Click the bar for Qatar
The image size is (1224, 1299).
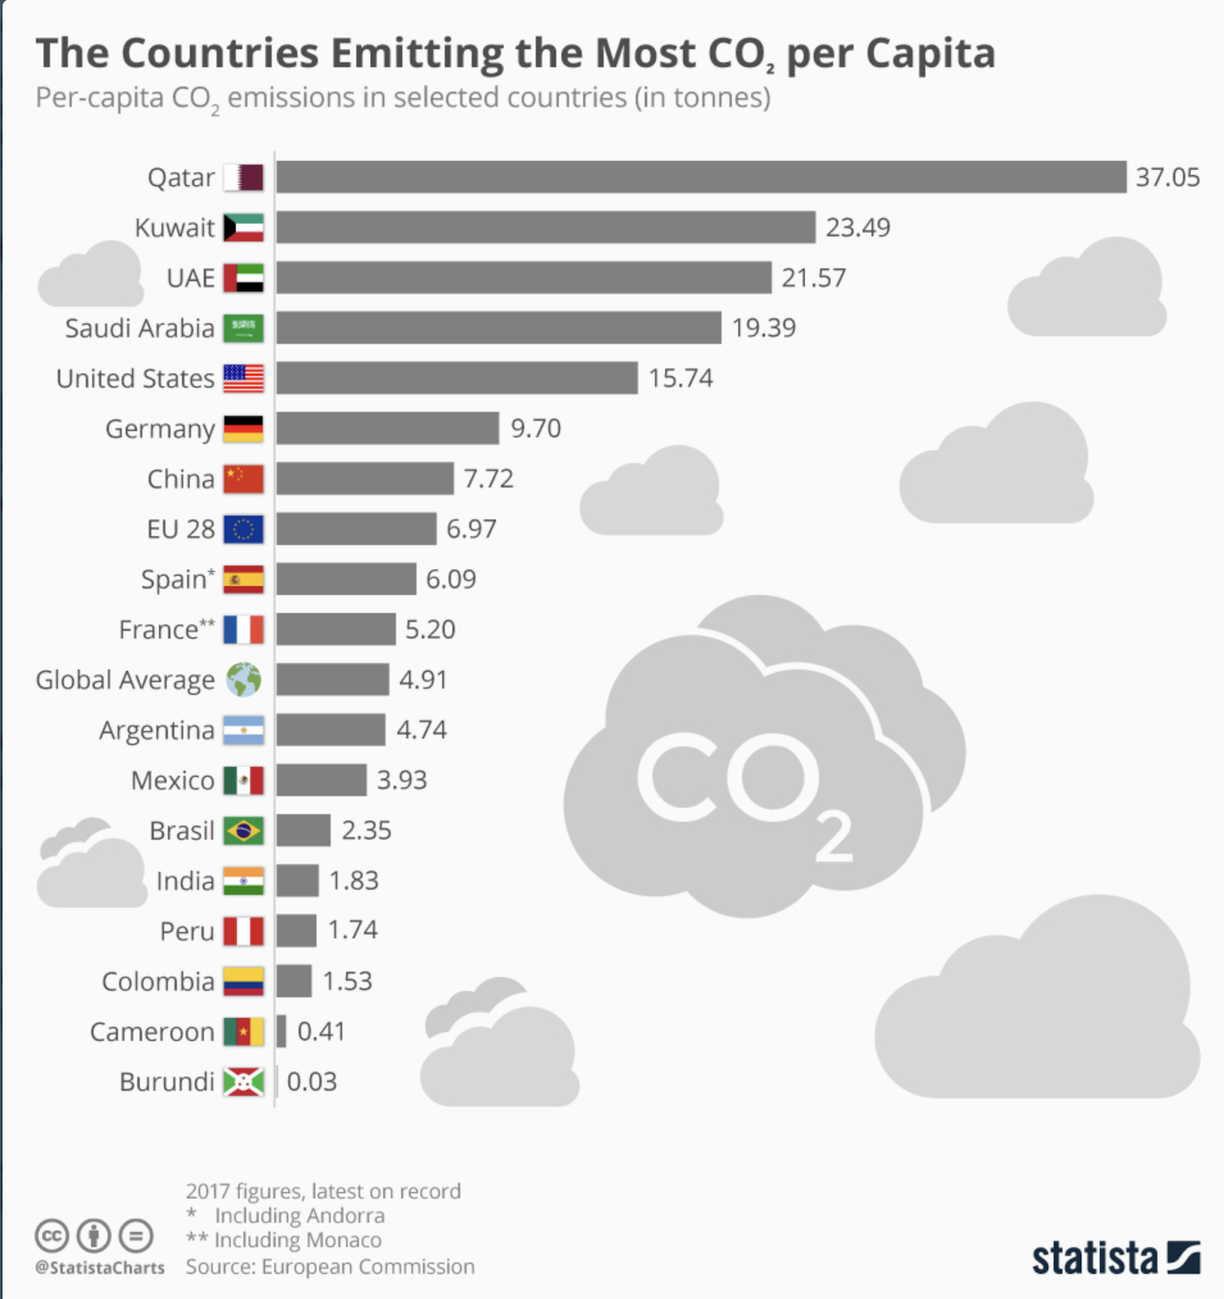click(x=701, y=177)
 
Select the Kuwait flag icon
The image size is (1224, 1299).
click(x=244, y=227)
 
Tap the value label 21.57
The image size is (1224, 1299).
click(x=813, y=278)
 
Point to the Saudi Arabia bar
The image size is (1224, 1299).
click(x=498, y=328)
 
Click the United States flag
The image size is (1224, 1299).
click(x=244, y=378)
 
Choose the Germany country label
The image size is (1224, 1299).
click(x=160, y=429)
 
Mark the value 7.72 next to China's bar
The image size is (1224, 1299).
click(x=488, y=479)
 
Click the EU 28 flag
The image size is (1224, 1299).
click(x=244, y=529)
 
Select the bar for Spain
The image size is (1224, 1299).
click(x=346, y=580)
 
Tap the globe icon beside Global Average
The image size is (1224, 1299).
click(x=244, y=680)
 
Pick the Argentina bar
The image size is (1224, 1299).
click(x=331, y=730)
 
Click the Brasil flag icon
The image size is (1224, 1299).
click(x=244, y=831)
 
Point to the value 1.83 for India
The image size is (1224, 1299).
click(x=353, y=881)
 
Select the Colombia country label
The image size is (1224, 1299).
click(x=158, y=982)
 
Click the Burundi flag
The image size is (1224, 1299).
click(x=244, y=1081)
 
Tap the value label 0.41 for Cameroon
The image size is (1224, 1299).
click(x=321, y=1032)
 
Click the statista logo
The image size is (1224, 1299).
click(x=1115, y=1258)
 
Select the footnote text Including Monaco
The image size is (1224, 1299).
click(x=297, y=1241)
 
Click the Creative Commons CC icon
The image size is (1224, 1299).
click(x=51, y=1236)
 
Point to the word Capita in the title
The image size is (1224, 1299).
click(x=930, y=54)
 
